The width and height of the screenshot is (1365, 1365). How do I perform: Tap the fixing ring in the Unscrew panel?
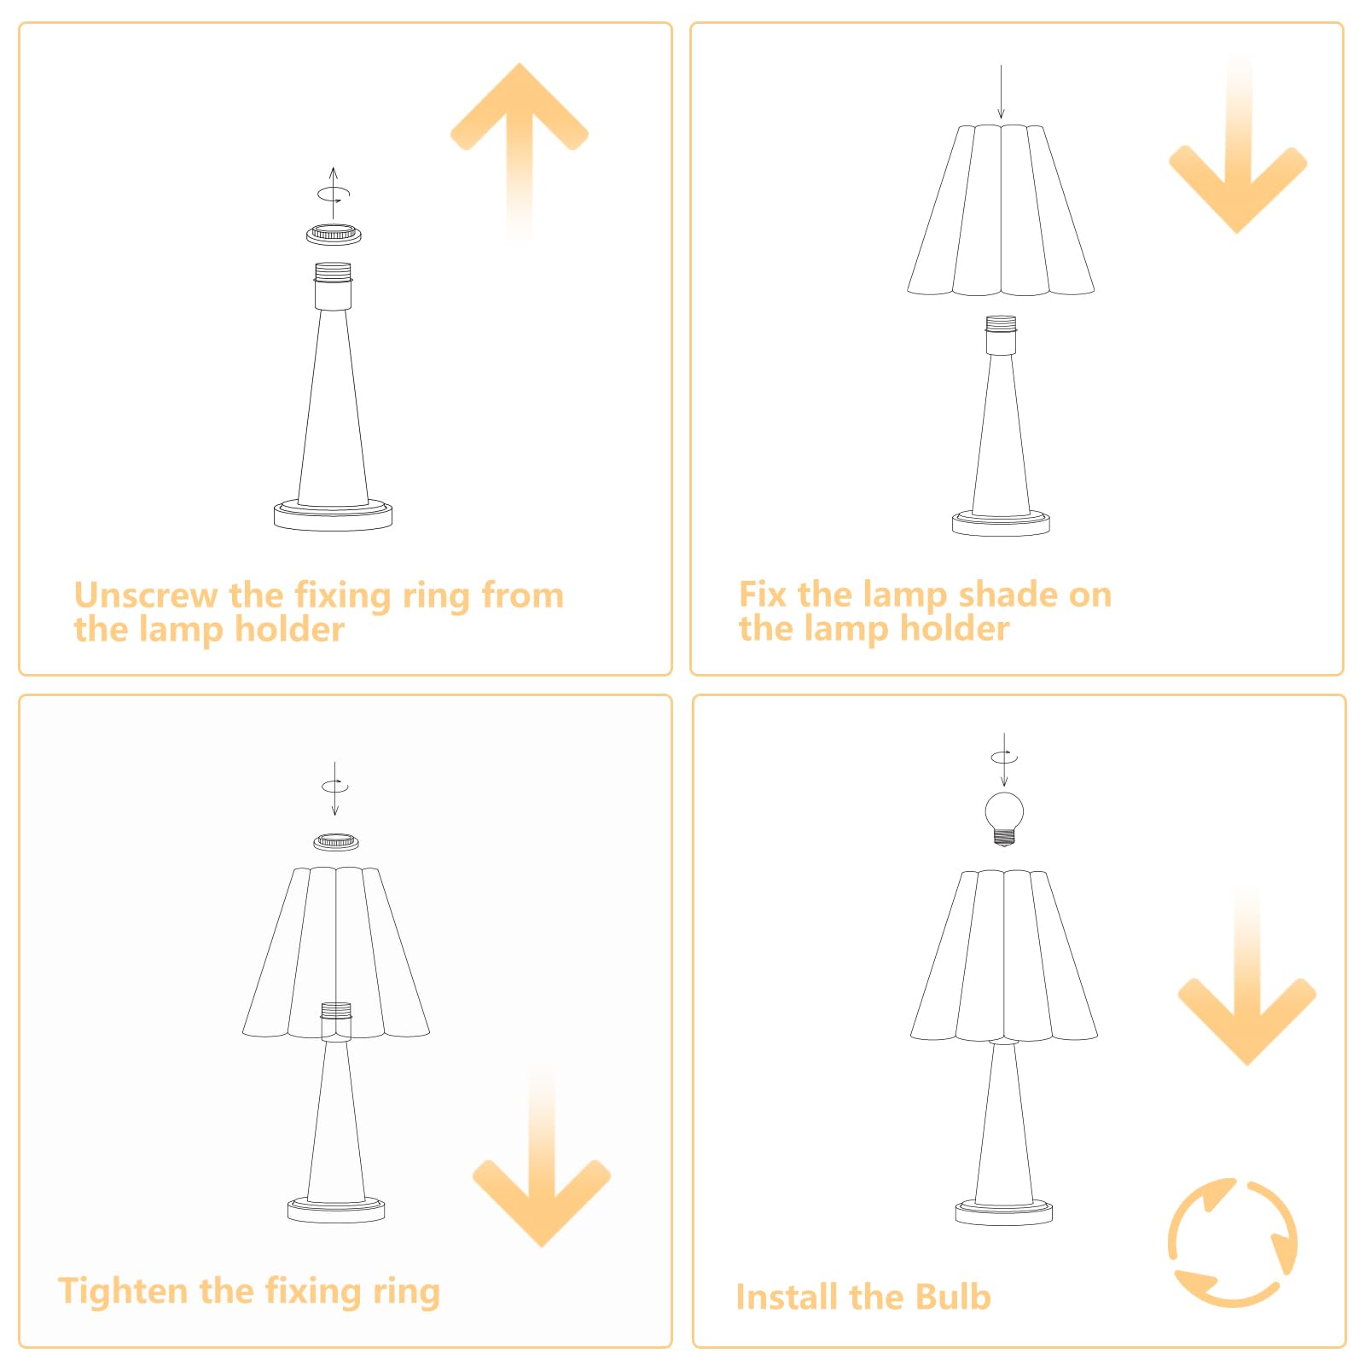(x=334, y=234)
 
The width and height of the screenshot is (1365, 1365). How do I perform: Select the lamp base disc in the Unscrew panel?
(x=333, y=515)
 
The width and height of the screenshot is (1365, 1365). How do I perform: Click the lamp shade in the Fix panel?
(x=1001, y=210)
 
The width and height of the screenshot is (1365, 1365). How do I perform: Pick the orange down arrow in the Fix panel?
(x=1238, y=145)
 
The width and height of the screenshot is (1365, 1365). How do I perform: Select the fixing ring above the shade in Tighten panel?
(x=336, y=842)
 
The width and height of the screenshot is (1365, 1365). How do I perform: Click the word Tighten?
(x=125, y=1292)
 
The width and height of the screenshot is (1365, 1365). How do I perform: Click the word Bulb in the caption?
(x=953, y=1297)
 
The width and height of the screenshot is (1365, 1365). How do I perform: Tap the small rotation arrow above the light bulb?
(x=1004, y=757)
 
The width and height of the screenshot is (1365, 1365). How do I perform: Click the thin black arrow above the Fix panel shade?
(x=1001, y=92)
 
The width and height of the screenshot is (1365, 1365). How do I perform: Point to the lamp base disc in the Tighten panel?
(x=336, y=1209)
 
